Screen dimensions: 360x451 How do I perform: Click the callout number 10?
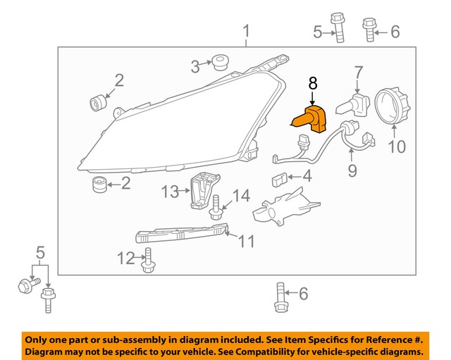(x=397, y=147)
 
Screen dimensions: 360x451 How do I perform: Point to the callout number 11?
(x=245, y=242)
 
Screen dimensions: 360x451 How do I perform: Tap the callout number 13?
(x=171, y=191)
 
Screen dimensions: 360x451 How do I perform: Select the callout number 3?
(x=194, y=67)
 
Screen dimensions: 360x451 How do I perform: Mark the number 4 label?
(x=307, y=176)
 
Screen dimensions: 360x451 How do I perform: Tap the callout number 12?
(x=125, y=259)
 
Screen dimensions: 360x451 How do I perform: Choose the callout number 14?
(x=241, y=195)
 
